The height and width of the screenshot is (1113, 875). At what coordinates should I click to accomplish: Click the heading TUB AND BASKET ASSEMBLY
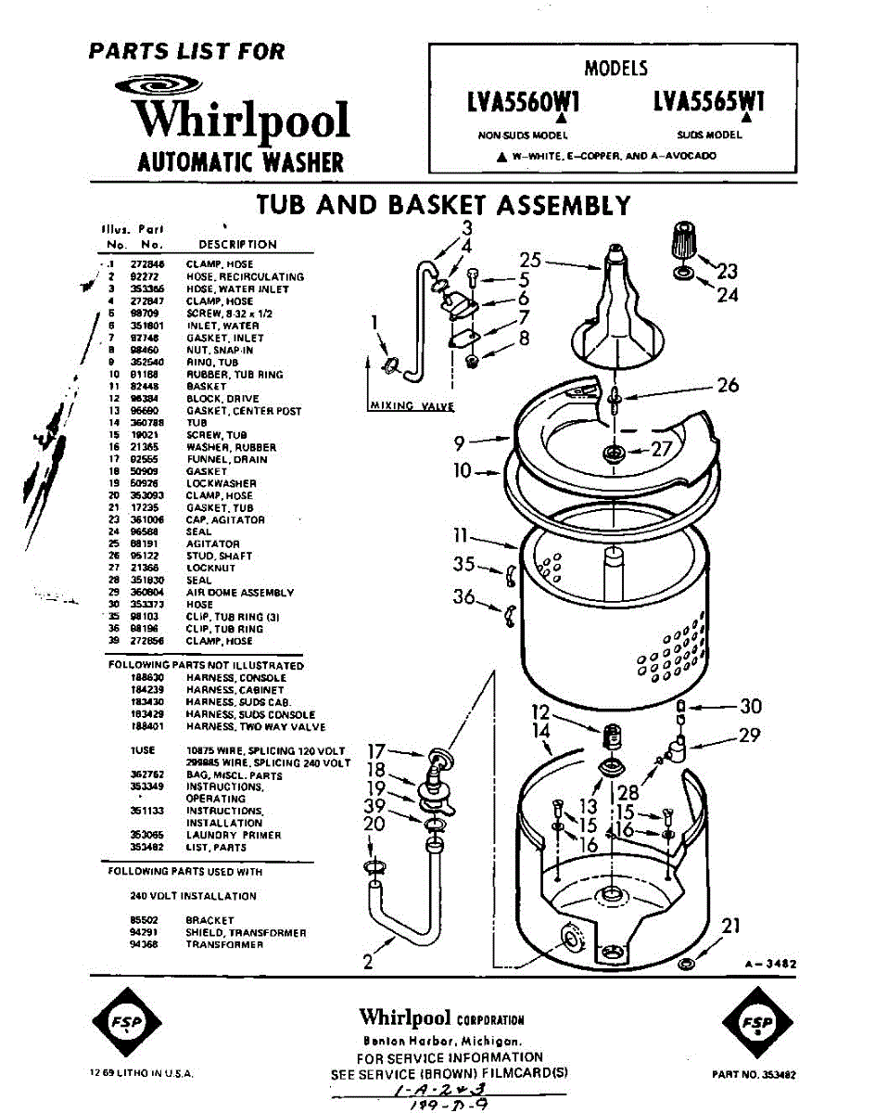click(x=443, y=205)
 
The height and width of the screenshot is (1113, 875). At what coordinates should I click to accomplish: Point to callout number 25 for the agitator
click(x=529, y=260)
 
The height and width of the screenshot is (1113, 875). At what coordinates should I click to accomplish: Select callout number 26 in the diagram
click(x=728, y=384)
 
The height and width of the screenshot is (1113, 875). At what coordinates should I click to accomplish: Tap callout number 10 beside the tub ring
click(x=463, y=471)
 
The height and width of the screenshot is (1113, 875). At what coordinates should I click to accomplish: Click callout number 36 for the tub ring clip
click(x=463, y=596)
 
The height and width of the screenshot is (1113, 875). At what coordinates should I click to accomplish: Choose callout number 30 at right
click(x=750, y=706)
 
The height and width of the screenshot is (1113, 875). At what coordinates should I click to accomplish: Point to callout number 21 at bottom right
click(x=731, y=925)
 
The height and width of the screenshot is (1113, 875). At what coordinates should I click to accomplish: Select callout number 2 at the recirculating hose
click(x=368, y=962)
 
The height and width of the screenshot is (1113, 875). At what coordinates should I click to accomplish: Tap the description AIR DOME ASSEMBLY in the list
click(x=239, y=593)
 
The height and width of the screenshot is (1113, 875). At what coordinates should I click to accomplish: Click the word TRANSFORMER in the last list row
click(x=224, y=945)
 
